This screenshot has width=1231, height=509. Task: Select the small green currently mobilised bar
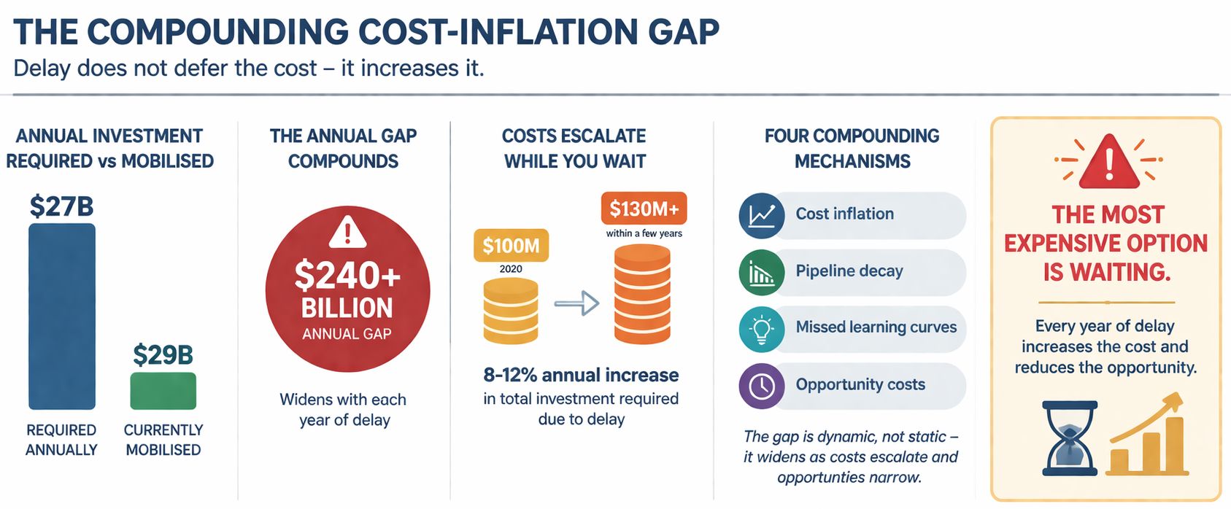[163, 391]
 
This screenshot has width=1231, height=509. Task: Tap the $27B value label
[61, 206]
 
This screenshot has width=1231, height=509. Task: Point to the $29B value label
[163, 355]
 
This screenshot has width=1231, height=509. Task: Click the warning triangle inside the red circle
[347, 231]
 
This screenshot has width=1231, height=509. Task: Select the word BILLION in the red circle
[347, 308]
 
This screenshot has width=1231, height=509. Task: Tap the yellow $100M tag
[511, 246]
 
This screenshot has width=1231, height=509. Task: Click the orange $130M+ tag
[644, 209]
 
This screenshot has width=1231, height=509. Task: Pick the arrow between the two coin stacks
[576, 303]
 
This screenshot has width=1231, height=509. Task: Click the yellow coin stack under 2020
[511, 310]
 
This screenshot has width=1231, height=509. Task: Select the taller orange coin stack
[642, 294]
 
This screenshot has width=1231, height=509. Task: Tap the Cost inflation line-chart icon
[761, 215]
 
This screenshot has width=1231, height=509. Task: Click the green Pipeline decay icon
[761, 272]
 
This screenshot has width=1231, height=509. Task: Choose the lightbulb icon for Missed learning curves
[761, 329]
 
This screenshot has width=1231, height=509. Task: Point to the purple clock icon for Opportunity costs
[761, 386]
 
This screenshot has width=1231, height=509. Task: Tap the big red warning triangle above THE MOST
[1108, 162]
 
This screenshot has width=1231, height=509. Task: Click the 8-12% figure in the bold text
[510, 375]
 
